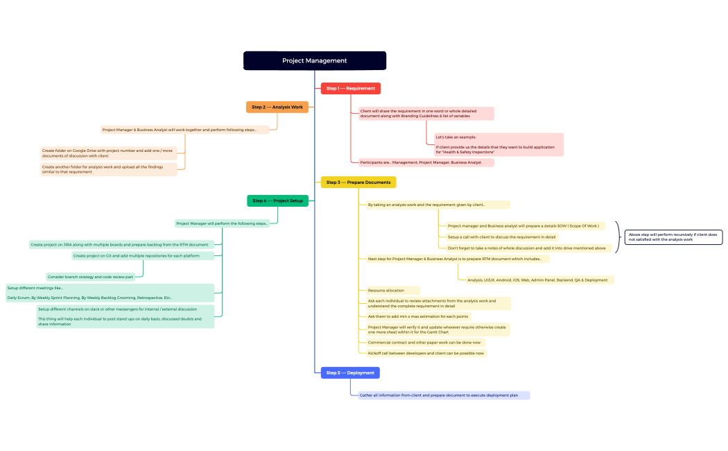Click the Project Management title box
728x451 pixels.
tap(314, 60)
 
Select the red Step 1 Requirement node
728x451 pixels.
tap(350, 88)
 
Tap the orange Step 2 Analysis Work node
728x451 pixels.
tap(277, 107)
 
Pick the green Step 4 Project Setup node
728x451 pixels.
tap(277, 201)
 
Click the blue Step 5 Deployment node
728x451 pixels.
tap(350, 373)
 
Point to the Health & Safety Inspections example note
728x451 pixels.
tap(498, 144)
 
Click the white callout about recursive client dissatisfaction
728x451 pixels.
tap(673, 237)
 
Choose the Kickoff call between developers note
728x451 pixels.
tap(425, 353)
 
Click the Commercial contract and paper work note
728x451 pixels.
tap(423, 342)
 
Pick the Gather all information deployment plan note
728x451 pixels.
tap(443, 395)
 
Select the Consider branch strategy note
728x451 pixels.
tap(90, 277)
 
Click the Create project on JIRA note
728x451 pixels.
tap(119, 244)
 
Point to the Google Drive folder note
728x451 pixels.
tap(109, 153)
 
